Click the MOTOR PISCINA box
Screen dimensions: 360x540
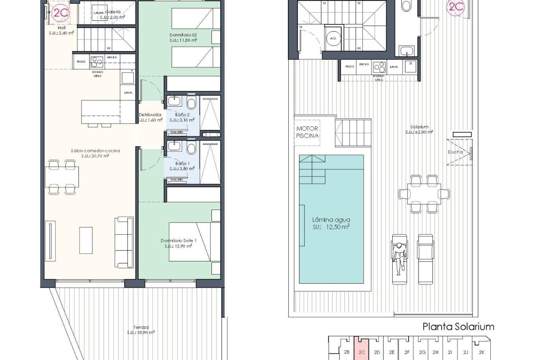click(307, 132)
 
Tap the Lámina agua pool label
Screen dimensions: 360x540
click(331, 220)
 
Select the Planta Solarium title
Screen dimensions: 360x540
click(458, 327)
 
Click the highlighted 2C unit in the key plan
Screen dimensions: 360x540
click(362, 352)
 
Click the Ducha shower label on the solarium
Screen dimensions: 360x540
click(455, 152)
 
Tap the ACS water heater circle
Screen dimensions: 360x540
click(333, 39)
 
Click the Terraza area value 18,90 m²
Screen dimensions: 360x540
click(141, 332)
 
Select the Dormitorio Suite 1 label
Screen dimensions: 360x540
click(178, 240)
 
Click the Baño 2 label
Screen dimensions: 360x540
click(182, 115)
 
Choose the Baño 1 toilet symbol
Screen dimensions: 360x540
click(192, 148)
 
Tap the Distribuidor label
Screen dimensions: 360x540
click(150, 115)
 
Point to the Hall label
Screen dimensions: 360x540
click(62, 28)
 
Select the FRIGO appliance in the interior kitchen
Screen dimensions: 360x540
click(81, 62)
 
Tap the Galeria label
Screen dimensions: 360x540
click(113, 12)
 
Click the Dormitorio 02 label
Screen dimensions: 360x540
click(183, 35)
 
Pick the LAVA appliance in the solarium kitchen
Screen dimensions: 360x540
click(394, 67)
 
